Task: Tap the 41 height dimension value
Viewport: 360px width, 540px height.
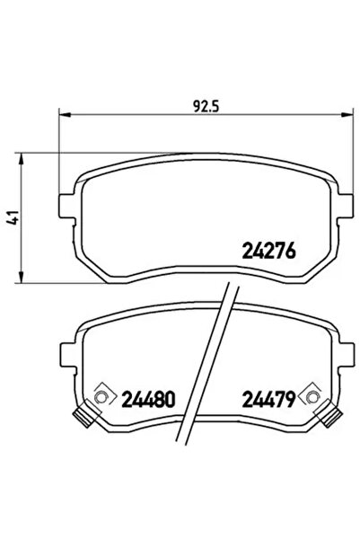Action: click(x=12, y=217)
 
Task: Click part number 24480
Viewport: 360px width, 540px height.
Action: click(x=146, y=397)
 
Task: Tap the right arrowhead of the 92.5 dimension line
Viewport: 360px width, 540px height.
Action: click(x=346, y=114)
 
